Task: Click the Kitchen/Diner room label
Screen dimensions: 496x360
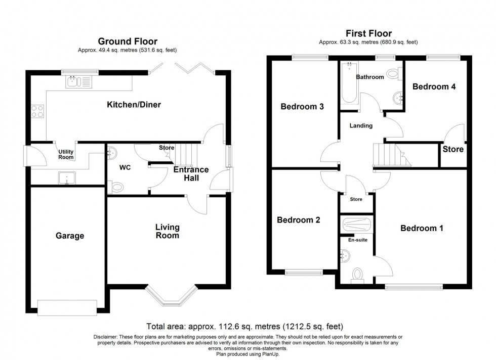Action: click(134, 105)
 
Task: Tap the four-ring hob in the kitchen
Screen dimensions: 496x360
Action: click(37, 111)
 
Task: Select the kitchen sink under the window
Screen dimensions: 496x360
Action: click(79, 82)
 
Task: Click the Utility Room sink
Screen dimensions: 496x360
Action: click(67, 178)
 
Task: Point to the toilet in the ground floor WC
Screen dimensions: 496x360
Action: click(115, 187)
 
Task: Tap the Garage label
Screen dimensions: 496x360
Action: click(70, 236)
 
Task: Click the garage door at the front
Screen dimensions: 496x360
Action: click(67, 307)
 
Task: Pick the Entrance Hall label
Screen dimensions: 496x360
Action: click(191, 174)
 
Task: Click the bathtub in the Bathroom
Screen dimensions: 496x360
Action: click(350, 83)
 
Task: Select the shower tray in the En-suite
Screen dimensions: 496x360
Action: click(357, 224)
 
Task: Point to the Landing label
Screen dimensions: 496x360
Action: click(361, 126)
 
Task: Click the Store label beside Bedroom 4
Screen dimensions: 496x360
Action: click(453, 149)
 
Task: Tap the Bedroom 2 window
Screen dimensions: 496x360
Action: click(304, 273)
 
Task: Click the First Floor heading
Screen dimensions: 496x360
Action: click(368, 33)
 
